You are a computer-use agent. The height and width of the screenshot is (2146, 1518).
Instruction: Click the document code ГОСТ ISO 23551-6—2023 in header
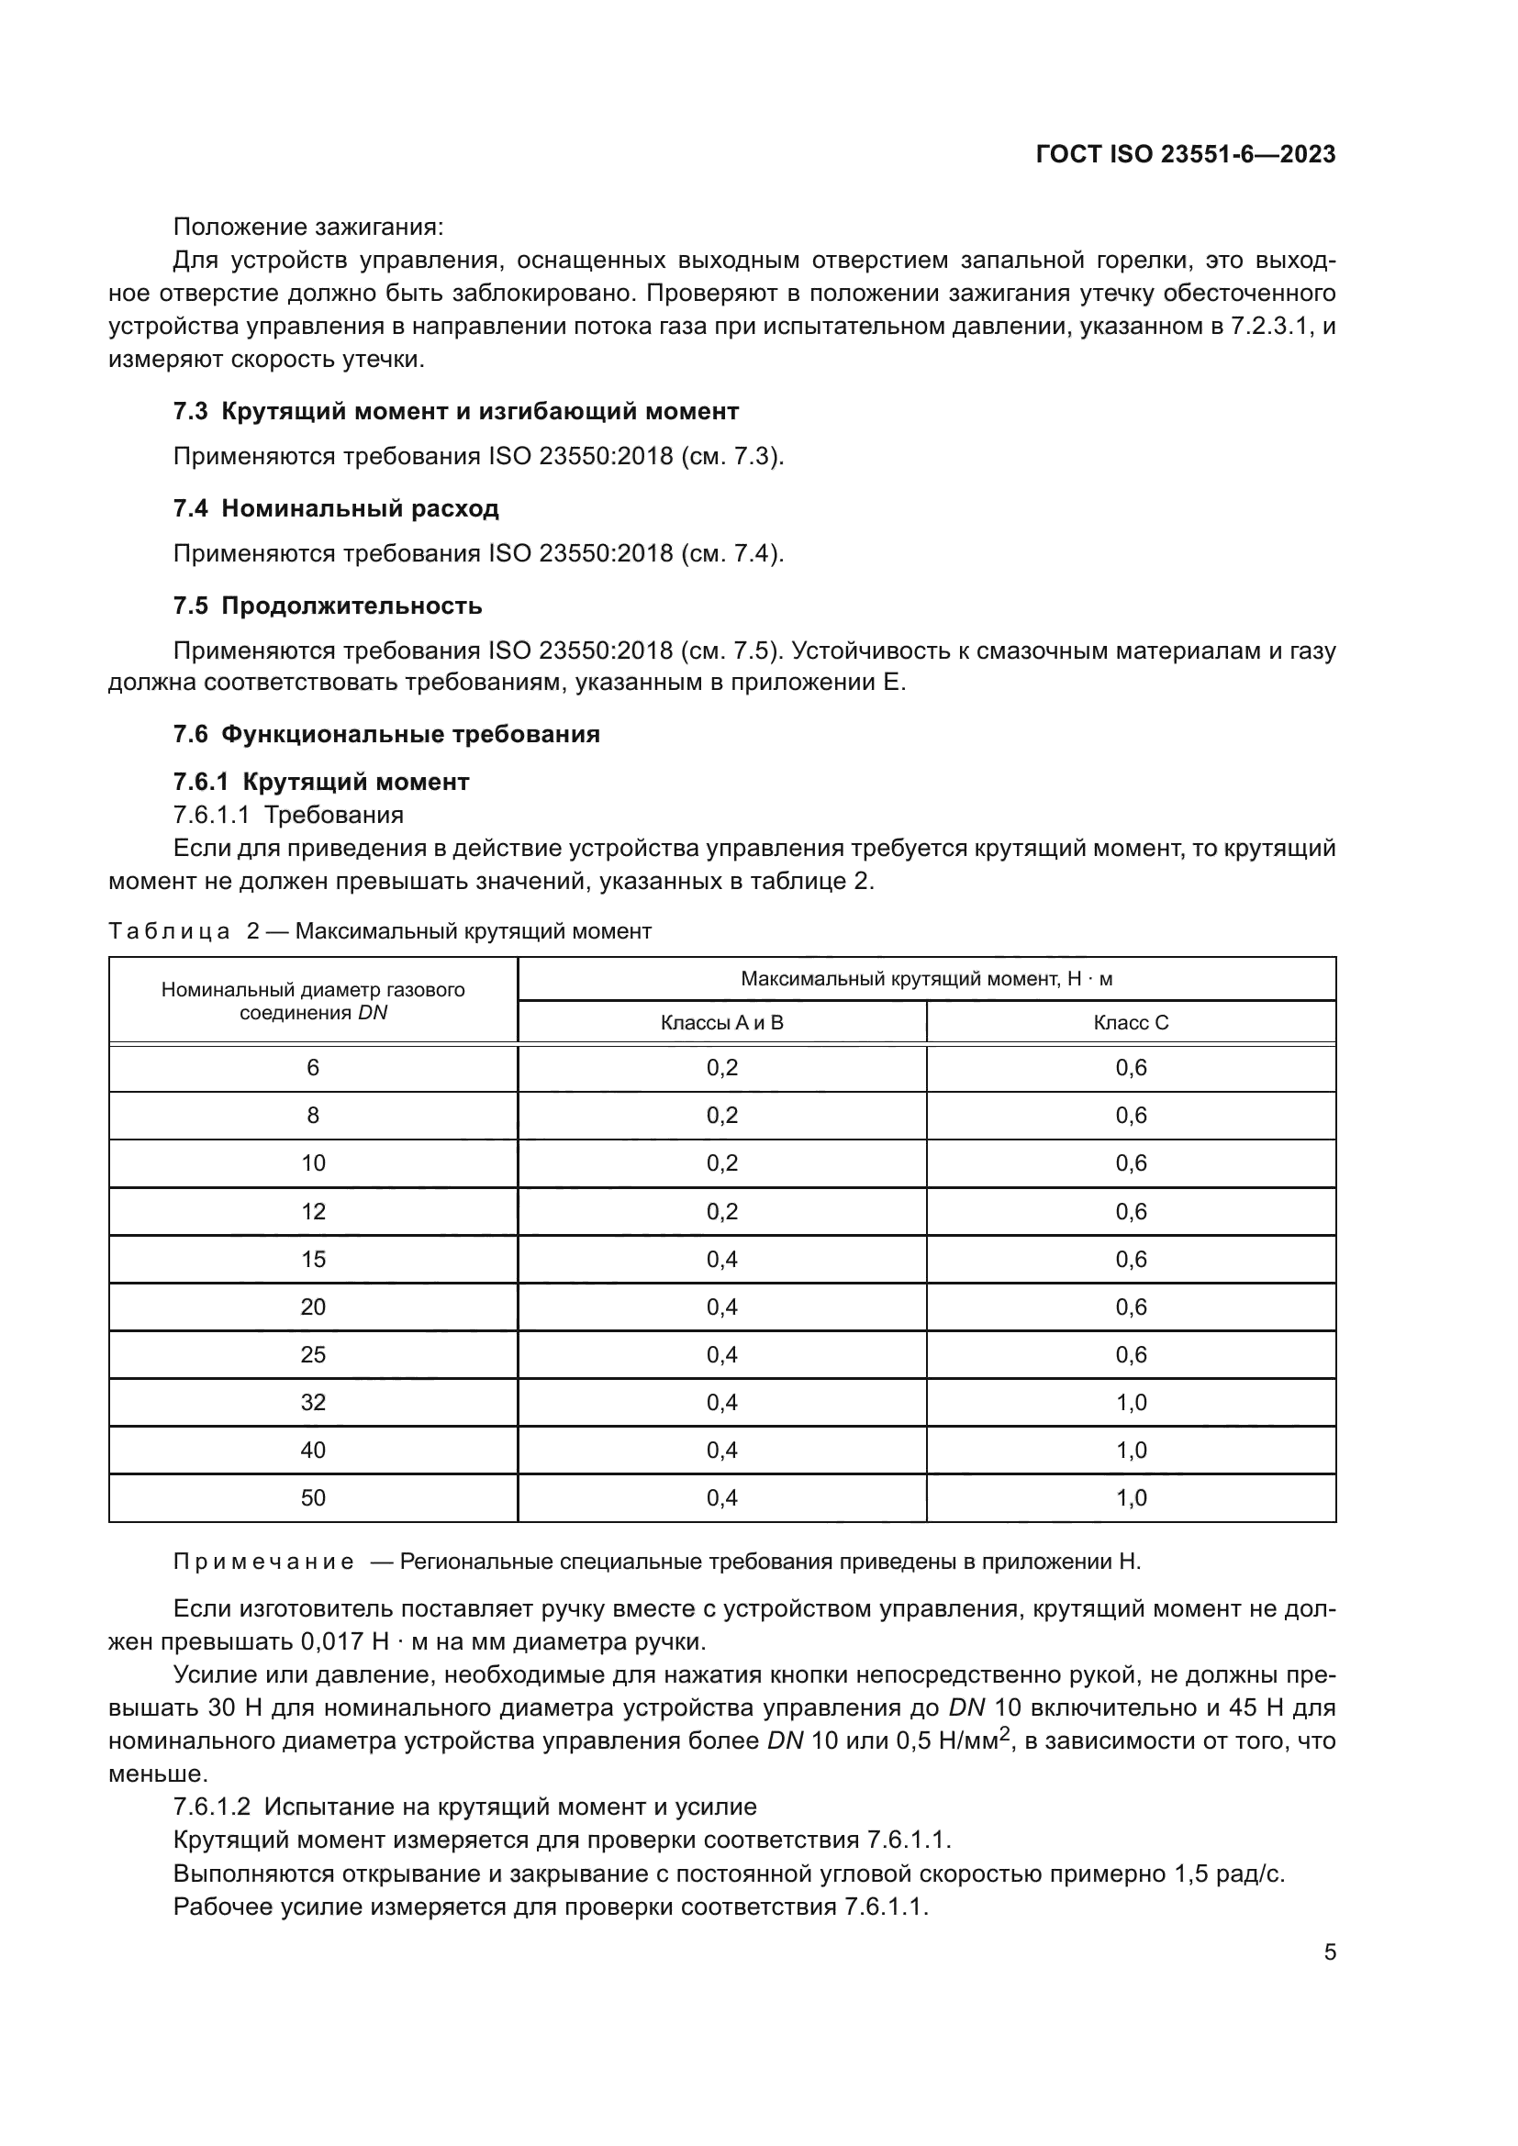(1185, 154)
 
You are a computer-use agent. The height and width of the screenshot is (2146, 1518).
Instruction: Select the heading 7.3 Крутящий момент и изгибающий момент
(456, 411)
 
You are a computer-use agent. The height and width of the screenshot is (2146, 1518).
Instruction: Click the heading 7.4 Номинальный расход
(337, 508)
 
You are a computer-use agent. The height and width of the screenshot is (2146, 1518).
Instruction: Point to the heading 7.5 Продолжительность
(328, 606)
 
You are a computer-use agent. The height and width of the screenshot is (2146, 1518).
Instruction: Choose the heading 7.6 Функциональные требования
(387, 734)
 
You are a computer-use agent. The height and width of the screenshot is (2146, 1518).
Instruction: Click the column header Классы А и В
(721, 1022)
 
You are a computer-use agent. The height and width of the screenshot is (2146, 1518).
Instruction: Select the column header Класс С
(1131, 1022)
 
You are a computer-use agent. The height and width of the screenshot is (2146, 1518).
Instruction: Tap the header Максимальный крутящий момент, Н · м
(926, 979)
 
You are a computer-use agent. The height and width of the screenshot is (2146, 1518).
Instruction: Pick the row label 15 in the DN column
(313, 1259)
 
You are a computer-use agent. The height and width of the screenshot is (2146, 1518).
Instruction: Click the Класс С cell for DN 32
(1131, 1402)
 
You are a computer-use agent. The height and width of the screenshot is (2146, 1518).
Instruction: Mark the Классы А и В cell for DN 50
(721, 1497)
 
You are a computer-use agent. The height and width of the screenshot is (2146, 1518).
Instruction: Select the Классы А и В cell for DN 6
(721, 1067)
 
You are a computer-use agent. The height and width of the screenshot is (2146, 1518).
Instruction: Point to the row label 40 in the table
(313, 1450)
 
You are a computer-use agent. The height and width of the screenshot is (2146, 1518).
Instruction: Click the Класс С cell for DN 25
(1131, 1354)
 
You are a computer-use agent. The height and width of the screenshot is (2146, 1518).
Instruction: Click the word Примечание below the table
(263, 1562)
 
